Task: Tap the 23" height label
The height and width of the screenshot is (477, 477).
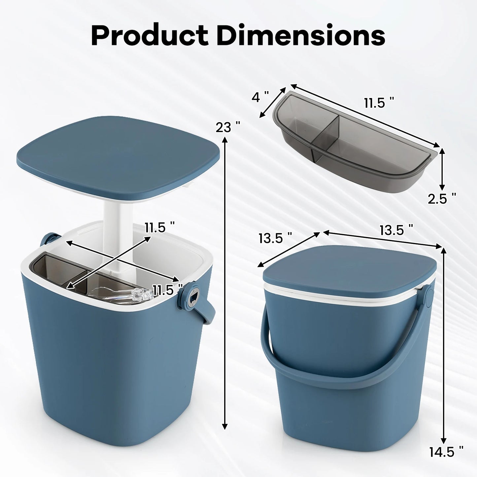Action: tap(227, 127)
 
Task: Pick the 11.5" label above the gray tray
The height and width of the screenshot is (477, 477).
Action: tap(379, 103)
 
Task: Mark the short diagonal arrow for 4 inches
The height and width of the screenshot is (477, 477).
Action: tap(273, 102)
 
